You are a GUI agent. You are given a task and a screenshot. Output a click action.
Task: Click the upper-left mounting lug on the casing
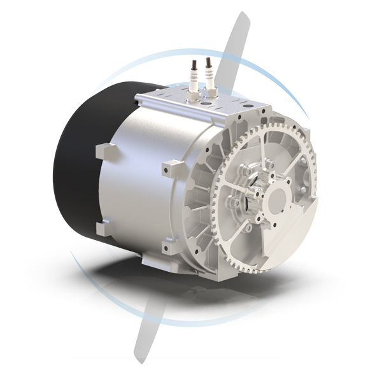tap(105, 153)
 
